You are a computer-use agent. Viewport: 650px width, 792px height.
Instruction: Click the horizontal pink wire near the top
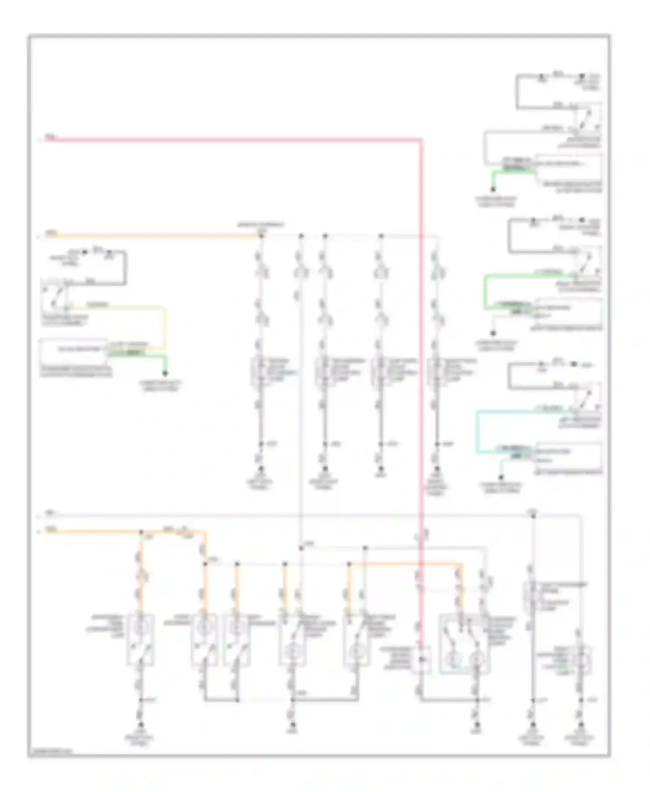tap(234, 140)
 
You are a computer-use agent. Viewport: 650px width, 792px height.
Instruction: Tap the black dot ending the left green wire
tap(165, 373)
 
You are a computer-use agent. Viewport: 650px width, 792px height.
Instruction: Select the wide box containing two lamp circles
tap(464, 643)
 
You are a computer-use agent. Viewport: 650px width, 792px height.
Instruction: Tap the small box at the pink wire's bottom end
tap(421, 660)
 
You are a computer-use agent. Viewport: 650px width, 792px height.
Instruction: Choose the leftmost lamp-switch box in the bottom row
tap(140, 639)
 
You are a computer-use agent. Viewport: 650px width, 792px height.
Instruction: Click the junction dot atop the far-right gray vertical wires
tap(533, 516)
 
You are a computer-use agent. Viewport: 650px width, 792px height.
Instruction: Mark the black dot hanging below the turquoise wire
tap(501, 477)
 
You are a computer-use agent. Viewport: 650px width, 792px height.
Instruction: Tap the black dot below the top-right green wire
tap(493, 189)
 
